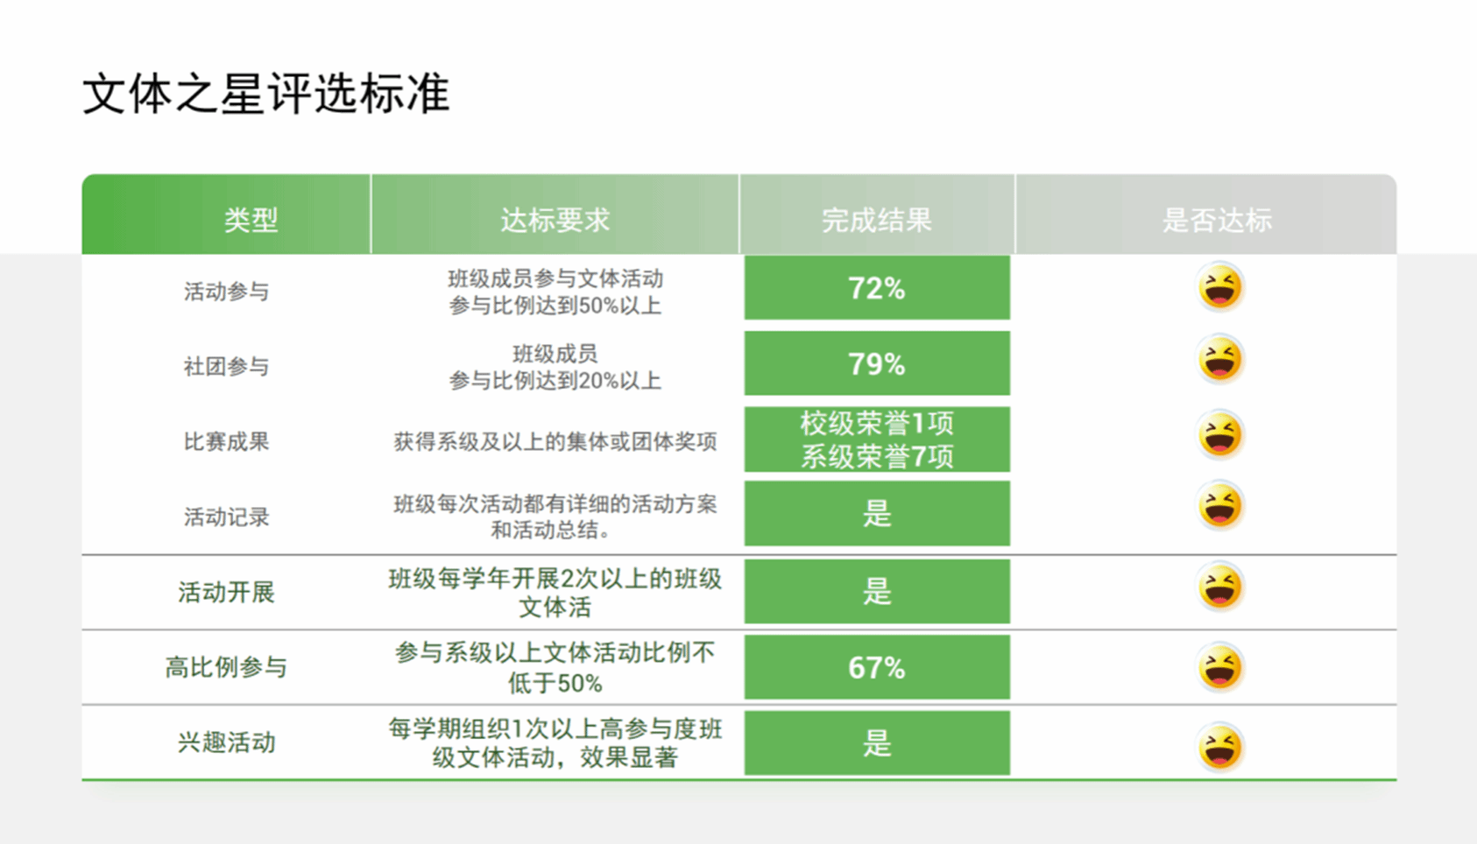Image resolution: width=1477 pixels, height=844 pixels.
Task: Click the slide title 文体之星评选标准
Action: tap(265, 94)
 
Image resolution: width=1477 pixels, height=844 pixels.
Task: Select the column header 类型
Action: tap(251, 220)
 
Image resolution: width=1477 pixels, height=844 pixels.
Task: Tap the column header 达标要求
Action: tap(555, 220)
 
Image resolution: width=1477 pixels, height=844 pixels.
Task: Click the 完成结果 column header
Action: tap(876, 220)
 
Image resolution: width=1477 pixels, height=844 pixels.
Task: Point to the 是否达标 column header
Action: tap(1217, 220)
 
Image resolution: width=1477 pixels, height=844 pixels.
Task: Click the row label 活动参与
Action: tap(226, 292)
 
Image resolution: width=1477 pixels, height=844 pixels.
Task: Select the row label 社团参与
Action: tap(226, 366)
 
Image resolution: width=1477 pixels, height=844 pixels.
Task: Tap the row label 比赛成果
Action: tap(226, 441)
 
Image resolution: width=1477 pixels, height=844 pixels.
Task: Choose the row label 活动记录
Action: tap(226, 517)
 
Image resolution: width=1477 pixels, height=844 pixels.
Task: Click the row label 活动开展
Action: tap(226, 592)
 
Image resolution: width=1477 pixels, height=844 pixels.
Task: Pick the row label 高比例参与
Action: tap(226, 667)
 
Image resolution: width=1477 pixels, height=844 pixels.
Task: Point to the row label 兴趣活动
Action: tap(226, 742)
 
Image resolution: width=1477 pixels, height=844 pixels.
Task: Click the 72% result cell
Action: tap(877, 288)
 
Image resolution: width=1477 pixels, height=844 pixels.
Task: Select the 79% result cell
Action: tap(877, 363)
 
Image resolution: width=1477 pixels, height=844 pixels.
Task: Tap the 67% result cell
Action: tap(877, 667)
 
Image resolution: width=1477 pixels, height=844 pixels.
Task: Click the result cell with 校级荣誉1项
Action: tap(877, 439)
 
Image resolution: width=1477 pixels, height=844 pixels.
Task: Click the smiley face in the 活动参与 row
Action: tap(1219, 286)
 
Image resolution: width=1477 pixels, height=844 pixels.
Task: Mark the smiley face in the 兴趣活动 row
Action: tap(1219, 747)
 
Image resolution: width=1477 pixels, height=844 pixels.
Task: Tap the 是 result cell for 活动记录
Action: tap(877, 513)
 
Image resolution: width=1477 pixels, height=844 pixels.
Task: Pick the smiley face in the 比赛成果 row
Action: tap(1219, 433)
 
